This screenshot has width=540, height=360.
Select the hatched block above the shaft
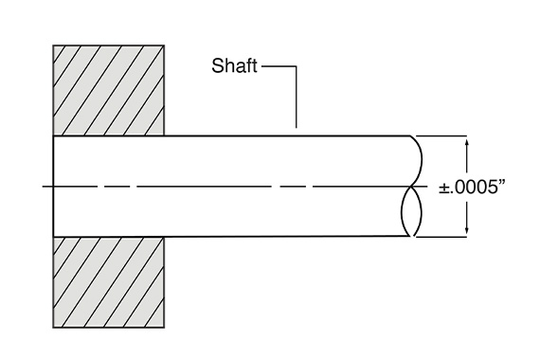coord(110,90)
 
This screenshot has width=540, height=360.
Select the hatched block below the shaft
coord(110,282)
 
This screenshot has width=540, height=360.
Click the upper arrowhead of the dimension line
coord(466,142)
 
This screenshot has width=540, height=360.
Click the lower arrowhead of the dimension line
coord(466,231)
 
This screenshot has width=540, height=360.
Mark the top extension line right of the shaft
coord(445,136)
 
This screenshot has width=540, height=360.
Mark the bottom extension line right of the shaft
coord(445,237)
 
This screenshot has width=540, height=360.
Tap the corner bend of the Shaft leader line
coord(297,66)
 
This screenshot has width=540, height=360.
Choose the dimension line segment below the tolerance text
coord(466,214)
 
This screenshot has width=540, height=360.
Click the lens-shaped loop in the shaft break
coord(409,210)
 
